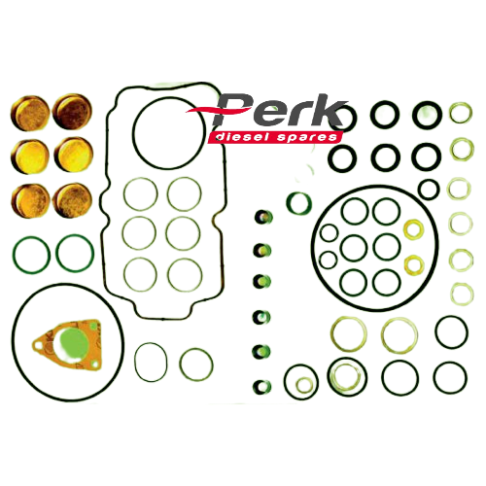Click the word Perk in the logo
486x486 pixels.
coord(279,110)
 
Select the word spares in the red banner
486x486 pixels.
coord(306,138)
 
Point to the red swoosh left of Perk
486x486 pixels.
coord(204,110)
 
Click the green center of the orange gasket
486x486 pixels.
coord(74,343)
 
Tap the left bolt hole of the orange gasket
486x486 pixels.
coord(38,346)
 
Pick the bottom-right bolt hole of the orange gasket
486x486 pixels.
coord(94,364)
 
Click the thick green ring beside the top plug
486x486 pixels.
coord(298,203)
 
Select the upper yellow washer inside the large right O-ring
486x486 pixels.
coord(414,228)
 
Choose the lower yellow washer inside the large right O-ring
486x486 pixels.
coord(414,264)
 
